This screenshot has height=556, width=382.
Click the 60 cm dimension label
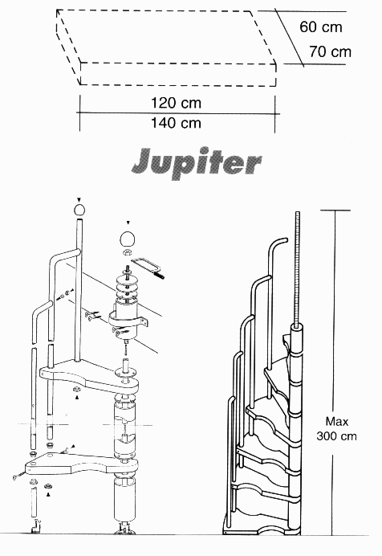[321, 27]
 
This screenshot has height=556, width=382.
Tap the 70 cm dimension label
[331, 51]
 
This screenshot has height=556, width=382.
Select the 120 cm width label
[176, 103]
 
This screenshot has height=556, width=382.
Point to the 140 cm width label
[176, 123]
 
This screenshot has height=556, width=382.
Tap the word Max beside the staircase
[337, 422]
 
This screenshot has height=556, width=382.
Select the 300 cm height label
[337, 435]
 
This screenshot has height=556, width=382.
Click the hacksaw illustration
[148, 268]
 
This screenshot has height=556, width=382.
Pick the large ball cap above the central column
[128, 239]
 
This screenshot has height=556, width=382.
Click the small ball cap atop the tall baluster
[79, 210]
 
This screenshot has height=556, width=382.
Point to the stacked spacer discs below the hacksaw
[126, 286]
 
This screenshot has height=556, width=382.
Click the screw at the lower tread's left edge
[18, 476]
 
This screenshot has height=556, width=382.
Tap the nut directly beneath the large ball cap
[127, 252]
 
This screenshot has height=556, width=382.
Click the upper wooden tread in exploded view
[88, 377]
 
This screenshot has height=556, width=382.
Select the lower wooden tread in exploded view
[81, 464]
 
